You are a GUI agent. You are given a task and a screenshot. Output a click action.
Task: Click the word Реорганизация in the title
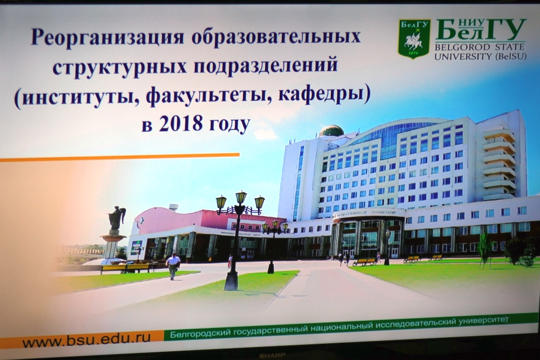[x=108, y=38]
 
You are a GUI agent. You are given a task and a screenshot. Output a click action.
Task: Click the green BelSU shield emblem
[x=414, y=38]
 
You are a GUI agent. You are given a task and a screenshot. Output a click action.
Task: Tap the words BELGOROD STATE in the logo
[x=480, y=47]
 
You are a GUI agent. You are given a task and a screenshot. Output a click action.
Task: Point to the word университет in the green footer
[x=484, y=321]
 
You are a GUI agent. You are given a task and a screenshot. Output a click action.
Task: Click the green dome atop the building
[x=332, y=131]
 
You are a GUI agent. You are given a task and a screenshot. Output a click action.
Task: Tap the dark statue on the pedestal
[x=117, y=218]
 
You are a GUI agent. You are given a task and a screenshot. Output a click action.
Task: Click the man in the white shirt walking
[x=173, y=267]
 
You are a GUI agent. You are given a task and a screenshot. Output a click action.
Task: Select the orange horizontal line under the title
[x=120, y=157]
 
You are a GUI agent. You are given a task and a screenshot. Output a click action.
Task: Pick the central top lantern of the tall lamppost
[x=241, y=198]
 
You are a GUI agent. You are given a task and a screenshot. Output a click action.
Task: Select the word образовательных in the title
[x=275, y=37]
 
